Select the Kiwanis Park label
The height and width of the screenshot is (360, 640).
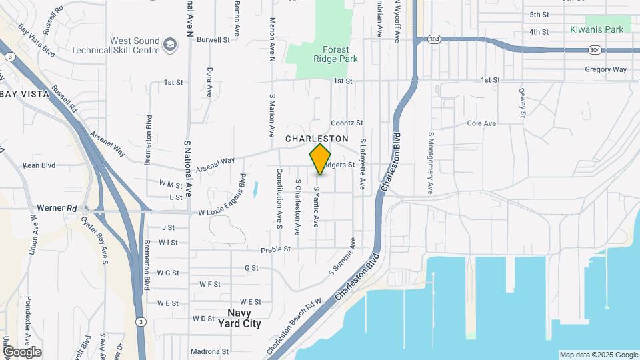(x=597, y=29)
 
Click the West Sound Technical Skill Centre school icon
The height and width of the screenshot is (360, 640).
(x=171, y=45)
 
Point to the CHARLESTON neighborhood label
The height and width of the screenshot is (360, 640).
(x=317, y=139)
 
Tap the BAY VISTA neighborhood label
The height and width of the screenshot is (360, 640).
(x=25, y=94)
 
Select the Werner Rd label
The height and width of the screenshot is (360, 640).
(x=57, y=208)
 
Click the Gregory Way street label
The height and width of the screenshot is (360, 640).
(x=606, y=69)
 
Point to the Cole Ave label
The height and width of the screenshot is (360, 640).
(x=481, y=123)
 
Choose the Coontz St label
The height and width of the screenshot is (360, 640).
(x=347, y=123)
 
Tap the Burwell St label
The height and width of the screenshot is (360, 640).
(x=213, y=40)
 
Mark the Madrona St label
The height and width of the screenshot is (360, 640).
(x=209, y=351)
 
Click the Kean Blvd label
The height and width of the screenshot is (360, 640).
(x=38, y=165)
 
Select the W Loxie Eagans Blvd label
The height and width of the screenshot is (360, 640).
(x=223, y=212)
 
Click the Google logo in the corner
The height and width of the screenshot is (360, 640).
(x=21, y=351)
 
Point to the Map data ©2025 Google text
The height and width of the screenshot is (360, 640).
(x=598, y=355)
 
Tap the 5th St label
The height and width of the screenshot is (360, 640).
(x=539, y=15)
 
